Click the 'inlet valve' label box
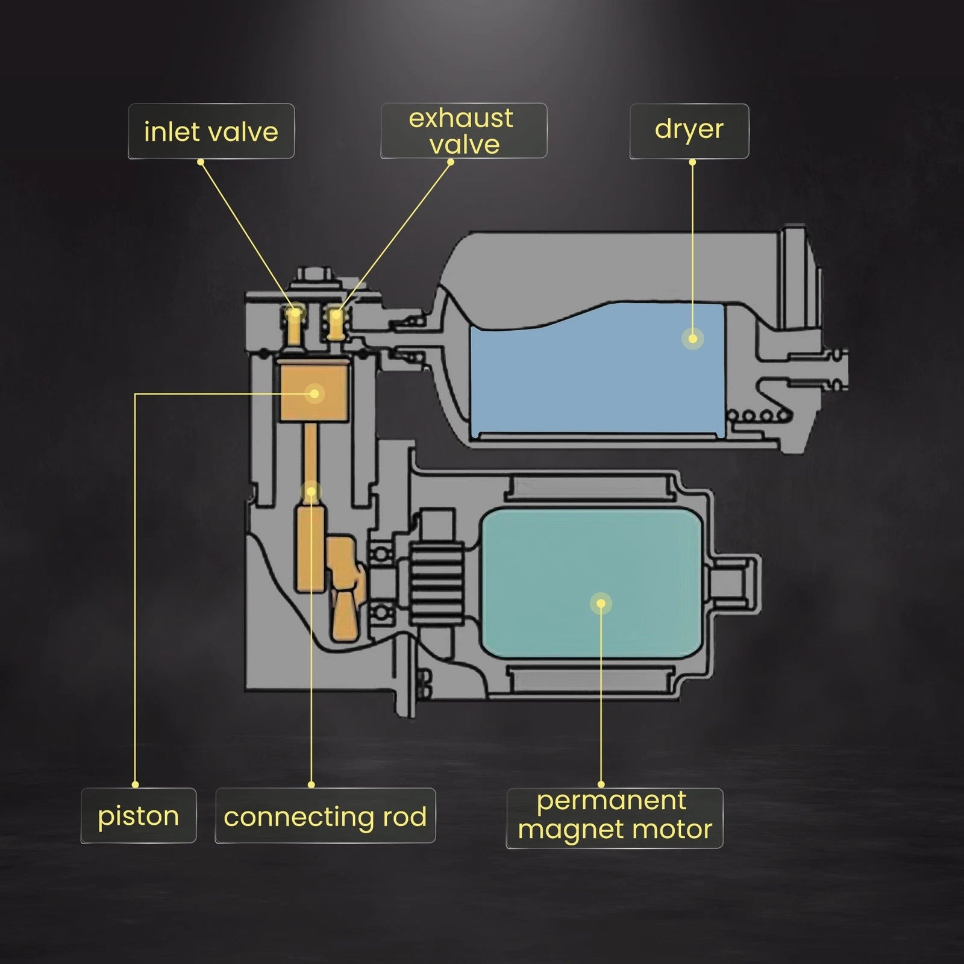click(x=211, y=131)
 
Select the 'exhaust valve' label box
click(x=463, y=131)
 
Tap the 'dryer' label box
click(x=689, y=131)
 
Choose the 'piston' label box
click(x=139, y=816)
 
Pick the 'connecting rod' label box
click(x=325, y=816)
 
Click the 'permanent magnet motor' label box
click(x=615, y=818)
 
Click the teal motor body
click(x=593, y=583)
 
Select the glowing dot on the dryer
click(x=693, y=339)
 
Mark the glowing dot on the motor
click(x=601, y=603)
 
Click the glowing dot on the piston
click(x=314, y=394)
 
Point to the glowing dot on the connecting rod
click(x=311, y=492)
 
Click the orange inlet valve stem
click(x=295, y=326)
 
